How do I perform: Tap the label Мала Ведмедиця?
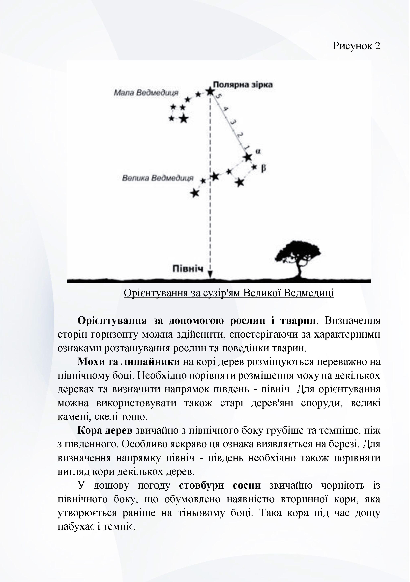tap(146, 93)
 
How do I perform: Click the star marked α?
tap(247, 157)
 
